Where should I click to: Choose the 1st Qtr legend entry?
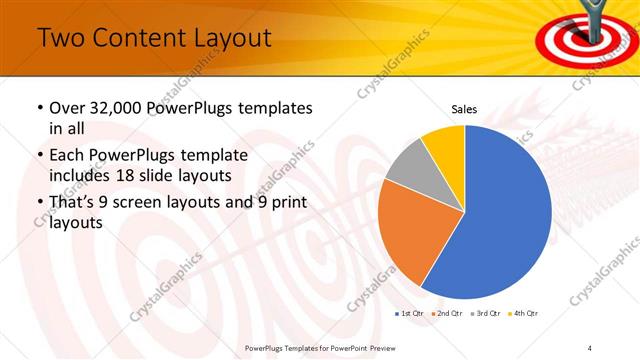tap(410, 314)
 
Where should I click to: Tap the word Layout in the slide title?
tap(226, 39)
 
